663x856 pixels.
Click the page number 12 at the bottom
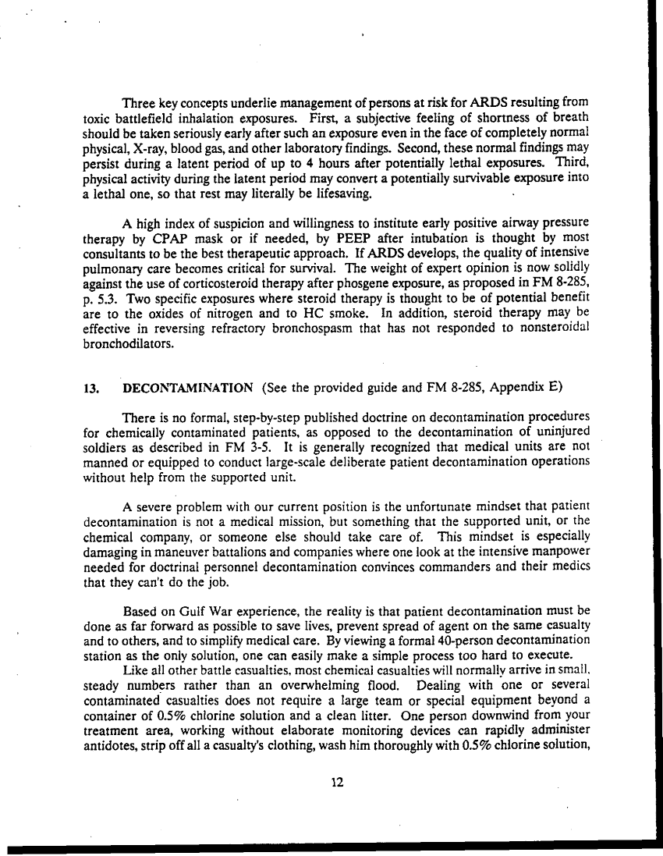[337, 783]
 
